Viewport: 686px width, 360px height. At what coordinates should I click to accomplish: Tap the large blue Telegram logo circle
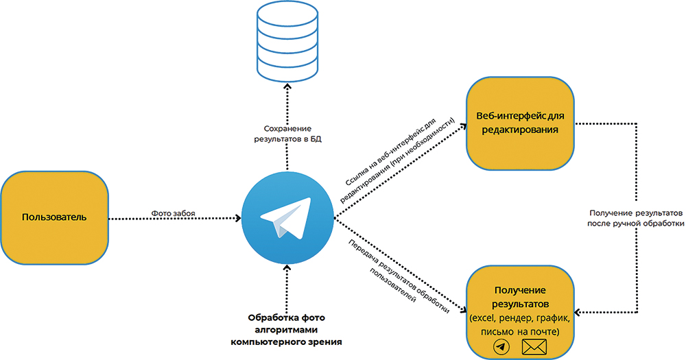click(x=287, y=219)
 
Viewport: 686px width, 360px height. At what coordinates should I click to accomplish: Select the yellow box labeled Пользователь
click(x=54, y=218)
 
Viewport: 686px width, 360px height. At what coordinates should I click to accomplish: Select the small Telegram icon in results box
click(x=501, y=348)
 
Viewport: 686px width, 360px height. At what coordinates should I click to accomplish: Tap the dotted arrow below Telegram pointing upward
click(x=287, y=291)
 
